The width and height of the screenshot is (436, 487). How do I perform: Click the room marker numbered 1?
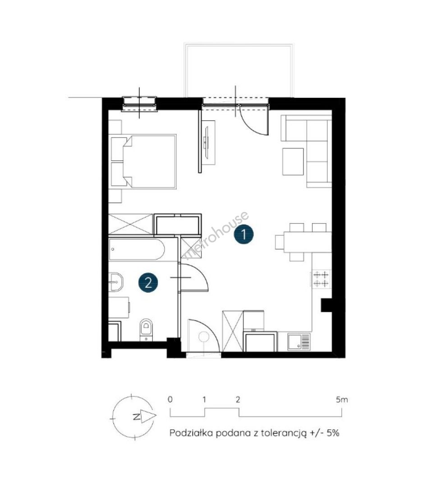click(x=244, y=234)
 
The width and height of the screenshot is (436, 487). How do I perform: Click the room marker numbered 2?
click(x=148, y=283)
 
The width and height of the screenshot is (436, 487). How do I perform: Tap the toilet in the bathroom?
click(x=146, y=330)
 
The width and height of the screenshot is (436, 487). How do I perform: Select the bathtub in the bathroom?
click(x=137, y=249)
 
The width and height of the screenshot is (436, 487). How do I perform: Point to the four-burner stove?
click(x=321, y=279)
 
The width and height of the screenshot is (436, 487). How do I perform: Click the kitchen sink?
click(x=299, y=342)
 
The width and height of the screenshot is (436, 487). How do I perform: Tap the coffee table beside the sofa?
click(x=293, y=161)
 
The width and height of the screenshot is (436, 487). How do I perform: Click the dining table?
click(x=307, y=242)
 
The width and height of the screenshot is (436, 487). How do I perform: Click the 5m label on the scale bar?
click(x=342, y=400)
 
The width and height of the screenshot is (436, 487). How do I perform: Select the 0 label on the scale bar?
click(x=170, y=400)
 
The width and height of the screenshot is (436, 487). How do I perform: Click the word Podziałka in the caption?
click(x=191, y=432)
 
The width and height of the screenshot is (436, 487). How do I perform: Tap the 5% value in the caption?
click(x=333, y=432)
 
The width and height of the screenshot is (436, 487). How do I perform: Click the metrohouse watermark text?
click(x=217, y=235)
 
